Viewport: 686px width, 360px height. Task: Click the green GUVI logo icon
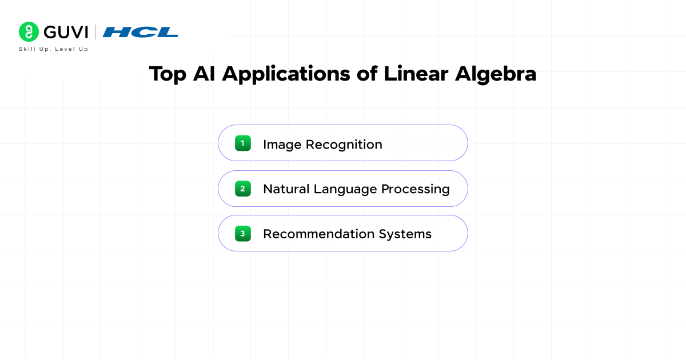29,31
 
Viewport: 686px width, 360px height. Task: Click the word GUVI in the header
66,32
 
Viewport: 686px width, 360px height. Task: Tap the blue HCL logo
140,32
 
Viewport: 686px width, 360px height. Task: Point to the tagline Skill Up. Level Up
54,49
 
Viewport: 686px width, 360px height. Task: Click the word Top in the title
167,74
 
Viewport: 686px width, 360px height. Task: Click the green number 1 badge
243,143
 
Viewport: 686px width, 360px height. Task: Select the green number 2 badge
243,188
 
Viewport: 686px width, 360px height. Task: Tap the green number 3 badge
243,233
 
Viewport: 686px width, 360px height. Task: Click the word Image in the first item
282,145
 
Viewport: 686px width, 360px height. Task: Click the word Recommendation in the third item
318,234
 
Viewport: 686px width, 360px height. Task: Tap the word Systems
405,234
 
